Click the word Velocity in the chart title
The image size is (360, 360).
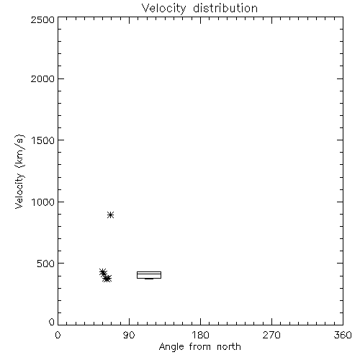(164, 9)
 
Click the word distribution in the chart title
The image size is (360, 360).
(225, 9)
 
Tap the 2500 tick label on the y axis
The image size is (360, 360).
(42, 19)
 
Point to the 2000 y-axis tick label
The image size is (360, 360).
(42, 78)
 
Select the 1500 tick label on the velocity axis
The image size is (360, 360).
(43, 140)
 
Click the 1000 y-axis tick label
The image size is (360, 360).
(43, 202)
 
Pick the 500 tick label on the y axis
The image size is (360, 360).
(46, 264)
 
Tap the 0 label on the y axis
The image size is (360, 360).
(52, 322)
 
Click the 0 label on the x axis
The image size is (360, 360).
(58, 335)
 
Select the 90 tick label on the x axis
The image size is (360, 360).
(129, 335)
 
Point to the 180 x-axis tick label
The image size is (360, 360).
(200, 335)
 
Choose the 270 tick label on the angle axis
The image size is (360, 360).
(271, 335)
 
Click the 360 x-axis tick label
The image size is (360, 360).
(343, 335)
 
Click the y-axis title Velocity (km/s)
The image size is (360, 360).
(19, 171)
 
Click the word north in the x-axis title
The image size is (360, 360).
(229, 347)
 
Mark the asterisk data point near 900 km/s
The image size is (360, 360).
(110, 215)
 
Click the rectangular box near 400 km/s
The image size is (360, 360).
(149, 272)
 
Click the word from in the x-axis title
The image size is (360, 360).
(200, 347)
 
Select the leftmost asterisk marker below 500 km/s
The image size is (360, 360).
(103, 272)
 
